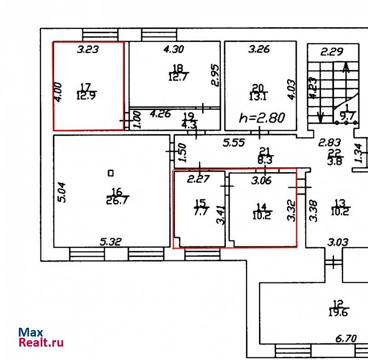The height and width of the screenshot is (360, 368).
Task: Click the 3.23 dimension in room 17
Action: point(88,49)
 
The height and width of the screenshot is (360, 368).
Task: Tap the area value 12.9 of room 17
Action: point(86,96)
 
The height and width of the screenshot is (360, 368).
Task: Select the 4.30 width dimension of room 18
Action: point(174,49)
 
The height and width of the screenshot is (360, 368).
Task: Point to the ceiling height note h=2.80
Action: point(262,118)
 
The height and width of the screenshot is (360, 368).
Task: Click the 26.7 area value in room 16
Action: point(117,200)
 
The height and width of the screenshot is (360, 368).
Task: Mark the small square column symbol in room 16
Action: point(111,173)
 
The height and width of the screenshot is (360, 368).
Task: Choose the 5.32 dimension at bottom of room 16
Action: point(111,242)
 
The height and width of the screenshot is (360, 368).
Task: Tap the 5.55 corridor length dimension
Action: point(234,143)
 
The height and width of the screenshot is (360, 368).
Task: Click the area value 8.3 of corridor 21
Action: point(265,160)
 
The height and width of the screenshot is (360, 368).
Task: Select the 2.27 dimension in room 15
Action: point(198,179)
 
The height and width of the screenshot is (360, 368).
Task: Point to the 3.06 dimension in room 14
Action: point(261,180)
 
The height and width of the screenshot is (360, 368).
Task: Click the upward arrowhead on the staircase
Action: point(346,67)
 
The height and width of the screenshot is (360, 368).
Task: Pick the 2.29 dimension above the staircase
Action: point(332,52)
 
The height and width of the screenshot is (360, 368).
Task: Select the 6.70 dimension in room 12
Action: point(346,338)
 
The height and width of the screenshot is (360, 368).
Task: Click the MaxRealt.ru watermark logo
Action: point(41,337)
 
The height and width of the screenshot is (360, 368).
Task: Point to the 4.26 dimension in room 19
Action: point(160,114)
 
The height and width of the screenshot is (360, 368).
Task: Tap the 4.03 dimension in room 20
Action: point(292,90)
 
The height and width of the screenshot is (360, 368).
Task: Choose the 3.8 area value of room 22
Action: point(335,162)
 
